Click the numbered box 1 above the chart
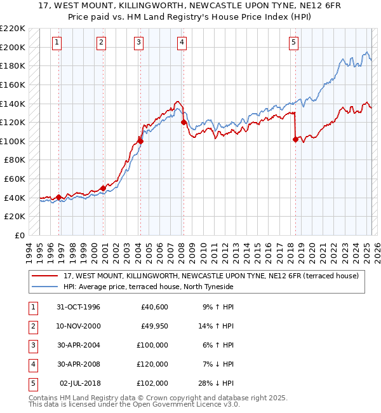click(57, 43)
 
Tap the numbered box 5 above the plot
click(294, 43)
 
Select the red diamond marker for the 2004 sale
click(140, 141)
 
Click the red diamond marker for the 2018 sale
click(295, 140)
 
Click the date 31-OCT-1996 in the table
click(78, 307)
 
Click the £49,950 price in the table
click(152, 326)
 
